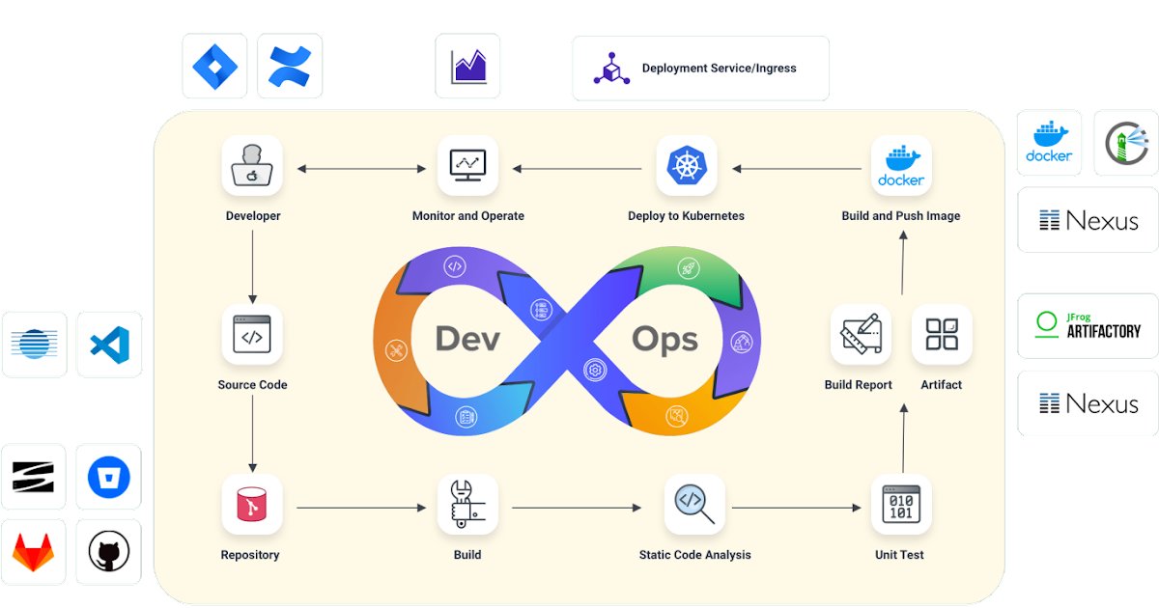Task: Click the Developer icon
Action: (252, 166)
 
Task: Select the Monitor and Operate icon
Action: (467, 166)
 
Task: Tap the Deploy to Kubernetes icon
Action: (686, 166)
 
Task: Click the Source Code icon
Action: (252, 335)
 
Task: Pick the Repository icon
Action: (252, 505)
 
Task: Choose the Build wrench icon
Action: (467, 505)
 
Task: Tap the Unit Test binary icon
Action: (901, 505)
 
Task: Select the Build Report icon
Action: (860, 335)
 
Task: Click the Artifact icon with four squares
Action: (942, 335)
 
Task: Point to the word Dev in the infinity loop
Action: (467, 339)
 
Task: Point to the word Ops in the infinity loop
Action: (664, 339)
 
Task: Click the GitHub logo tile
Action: (108, 553)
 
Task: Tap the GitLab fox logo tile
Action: (33, 553)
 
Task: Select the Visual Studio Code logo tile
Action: (109, 345)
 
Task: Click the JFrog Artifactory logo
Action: (1088, 325)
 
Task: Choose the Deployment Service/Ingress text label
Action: (719, 69)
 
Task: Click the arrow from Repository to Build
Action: (361, 507)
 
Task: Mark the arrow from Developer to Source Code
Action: (252, 266)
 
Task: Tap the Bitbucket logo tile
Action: (108, 477)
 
